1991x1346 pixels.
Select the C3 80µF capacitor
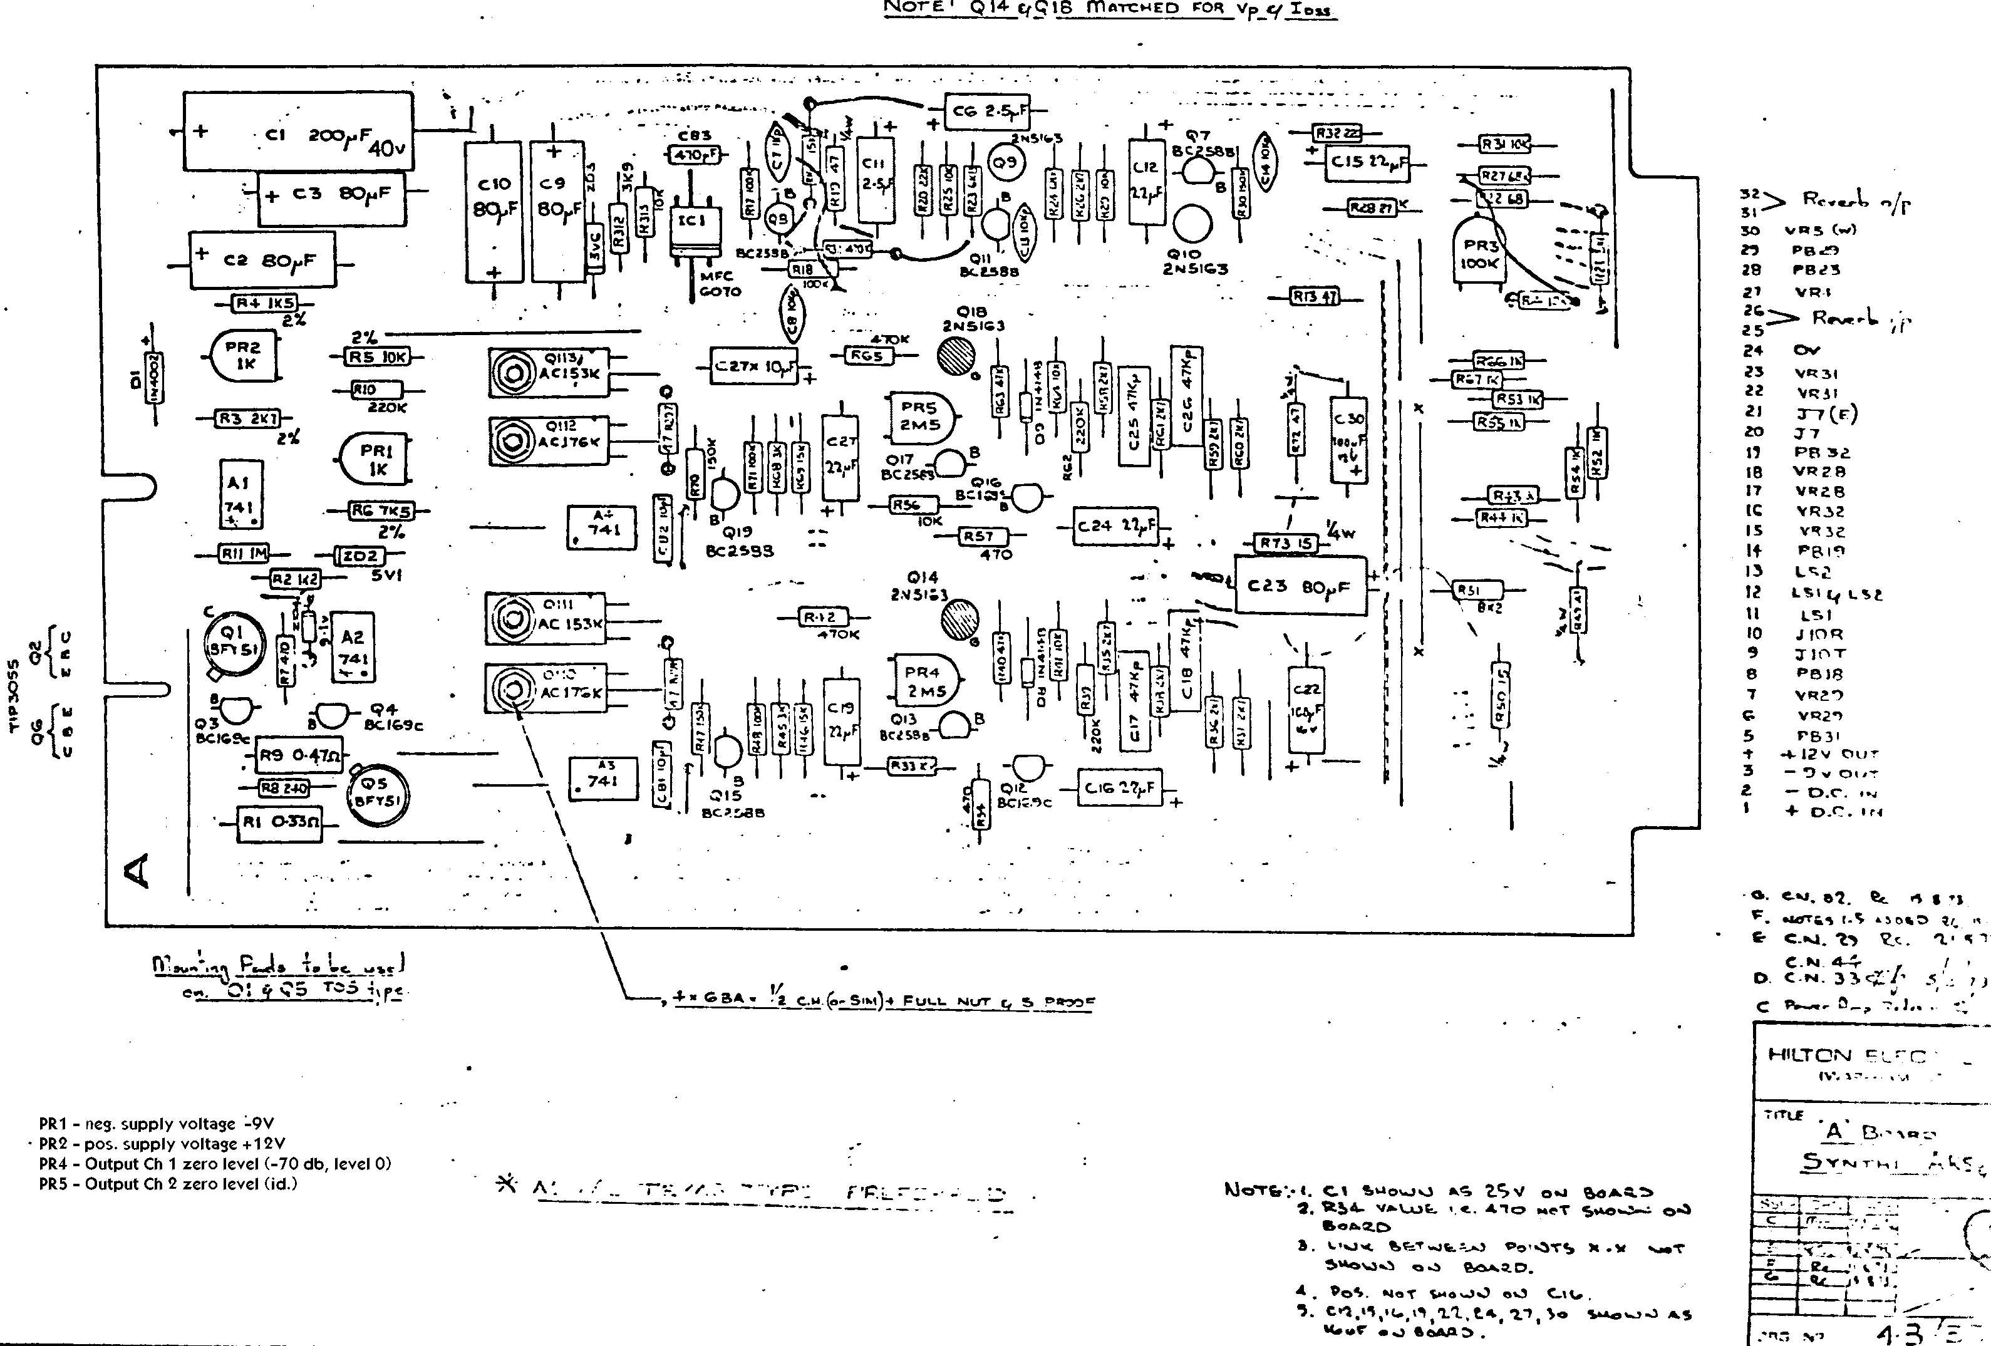click(331, 196)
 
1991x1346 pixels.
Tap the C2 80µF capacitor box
click(262, 259)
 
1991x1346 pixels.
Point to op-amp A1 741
click(240, 496)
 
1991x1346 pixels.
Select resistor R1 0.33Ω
click(277, 822)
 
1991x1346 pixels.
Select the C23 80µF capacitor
click(1300, 586)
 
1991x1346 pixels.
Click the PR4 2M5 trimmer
click(923, 681)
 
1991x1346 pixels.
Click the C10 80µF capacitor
click(494, 211)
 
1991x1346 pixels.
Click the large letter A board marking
click(137, 871)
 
